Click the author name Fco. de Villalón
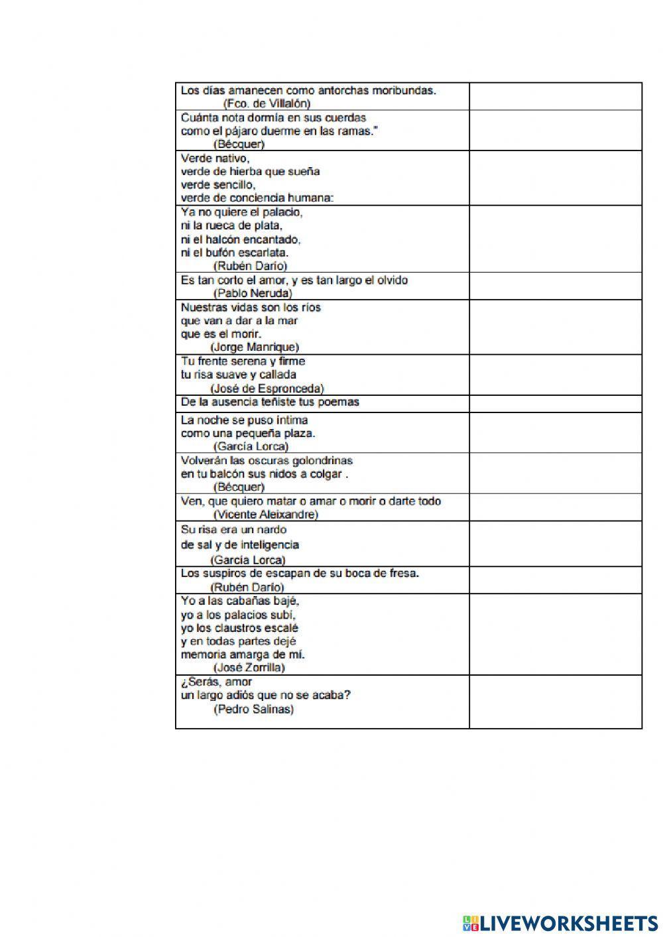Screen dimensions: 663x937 click(267, 103)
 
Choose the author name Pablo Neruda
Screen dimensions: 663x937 click(253, 292)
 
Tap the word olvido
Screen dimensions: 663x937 click(391, 280)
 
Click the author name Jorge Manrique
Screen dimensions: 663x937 click(255, 347)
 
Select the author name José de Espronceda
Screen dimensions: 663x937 click(267, 388)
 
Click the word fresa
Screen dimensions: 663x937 click(403, 573)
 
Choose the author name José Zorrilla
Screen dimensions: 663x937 click(249, 667)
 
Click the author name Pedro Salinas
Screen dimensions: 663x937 click(253, 709)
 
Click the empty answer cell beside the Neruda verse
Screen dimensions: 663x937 click(555, 286)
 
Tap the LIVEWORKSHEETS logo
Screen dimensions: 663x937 click(560, 922)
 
